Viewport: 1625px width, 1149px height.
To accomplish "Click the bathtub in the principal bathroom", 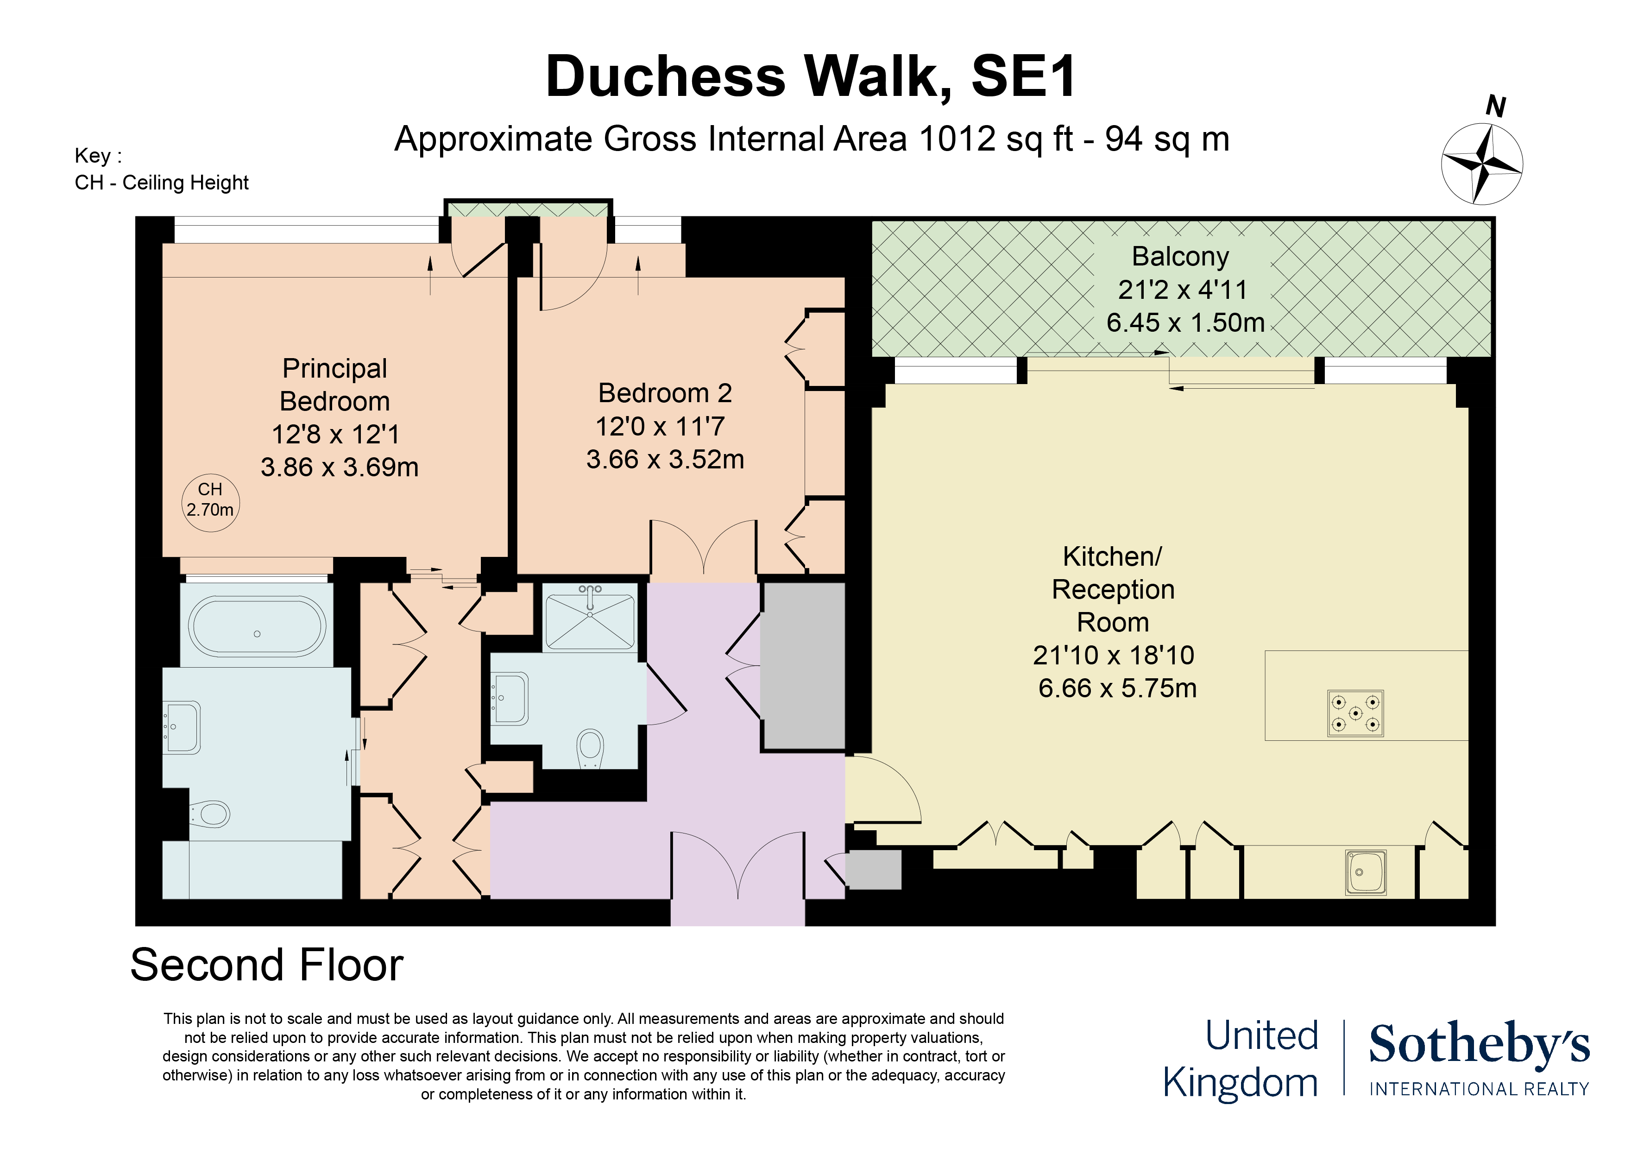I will tap(257, 626).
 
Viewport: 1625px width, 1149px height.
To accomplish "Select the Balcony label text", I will tap(1180, 256).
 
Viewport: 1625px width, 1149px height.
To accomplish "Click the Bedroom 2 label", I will tap(665, 393).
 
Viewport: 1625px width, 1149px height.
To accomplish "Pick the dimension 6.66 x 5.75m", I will tap(1117, 688).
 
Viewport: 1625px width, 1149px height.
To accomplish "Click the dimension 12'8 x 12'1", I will tap(335, 434).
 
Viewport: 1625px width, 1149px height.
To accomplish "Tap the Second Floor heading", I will tap(267, 965).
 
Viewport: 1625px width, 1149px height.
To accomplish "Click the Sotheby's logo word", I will tap(1479, 1044).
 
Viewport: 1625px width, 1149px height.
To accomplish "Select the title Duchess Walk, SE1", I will tap(810, 76).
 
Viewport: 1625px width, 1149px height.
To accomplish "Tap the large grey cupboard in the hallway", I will tap(803, 665).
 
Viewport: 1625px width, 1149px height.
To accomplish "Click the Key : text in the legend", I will tap(98, 156).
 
